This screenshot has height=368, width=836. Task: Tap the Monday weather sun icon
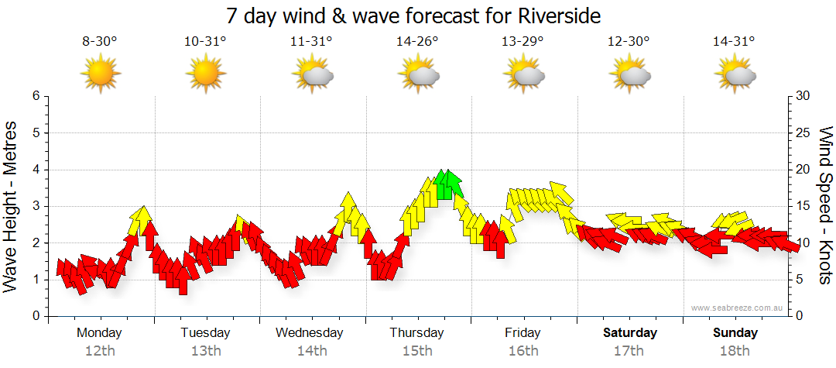click(100, 74)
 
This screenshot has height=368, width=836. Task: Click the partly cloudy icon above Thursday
click(418, 75)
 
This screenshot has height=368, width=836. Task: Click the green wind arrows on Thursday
click(447, 184)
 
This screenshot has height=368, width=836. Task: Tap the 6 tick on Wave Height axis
click(35, 96)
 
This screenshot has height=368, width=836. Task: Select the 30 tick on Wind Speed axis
click(803, 96)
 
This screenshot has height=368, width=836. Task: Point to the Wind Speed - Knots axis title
click(825, 205)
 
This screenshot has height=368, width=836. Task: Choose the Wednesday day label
click(310, 333)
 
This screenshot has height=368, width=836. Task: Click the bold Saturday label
click(630, 333)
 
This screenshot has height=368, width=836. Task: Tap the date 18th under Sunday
click(735, 351)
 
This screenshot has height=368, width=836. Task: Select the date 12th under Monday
click(100, 351)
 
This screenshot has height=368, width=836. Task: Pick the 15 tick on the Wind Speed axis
click(803, 206)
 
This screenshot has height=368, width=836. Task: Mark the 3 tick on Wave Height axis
click(35, 206)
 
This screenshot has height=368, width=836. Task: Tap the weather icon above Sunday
click(735, 75)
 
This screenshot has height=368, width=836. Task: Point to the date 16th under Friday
click(522, 351)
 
